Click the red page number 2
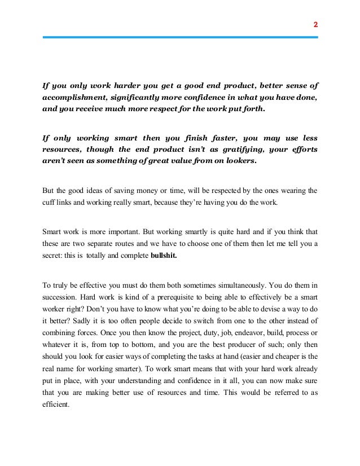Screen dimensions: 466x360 pos(315,25)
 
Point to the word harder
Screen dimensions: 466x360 pos(108,86)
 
